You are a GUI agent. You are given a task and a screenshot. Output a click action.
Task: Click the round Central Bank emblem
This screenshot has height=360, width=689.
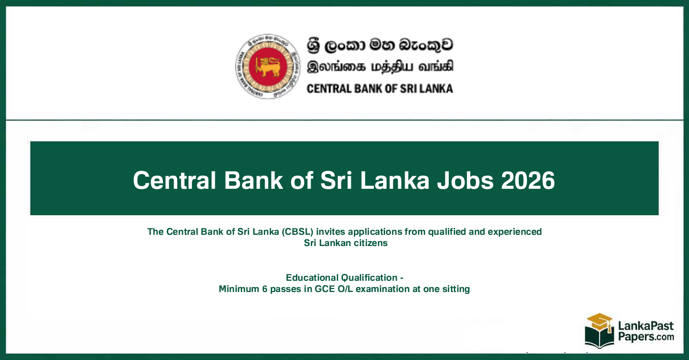pos(267,67)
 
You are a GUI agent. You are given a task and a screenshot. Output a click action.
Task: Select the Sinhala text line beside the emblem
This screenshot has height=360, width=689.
pos(380,45)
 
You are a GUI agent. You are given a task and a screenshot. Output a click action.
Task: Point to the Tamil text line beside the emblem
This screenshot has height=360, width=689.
pos(380,67)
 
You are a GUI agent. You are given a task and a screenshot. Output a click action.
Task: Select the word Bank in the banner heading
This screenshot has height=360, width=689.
pos(253,180)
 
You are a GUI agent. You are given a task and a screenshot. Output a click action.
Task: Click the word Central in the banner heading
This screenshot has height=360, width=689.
pos(175,180)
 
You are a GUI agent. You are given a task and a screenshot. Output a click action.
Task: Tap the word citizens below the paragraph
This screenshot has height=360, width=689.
pos(370,243)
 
